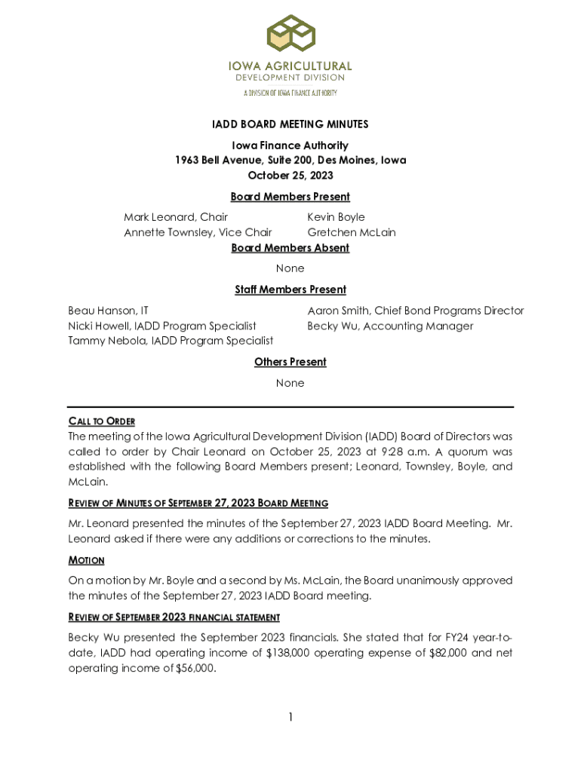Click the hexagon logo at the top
[290, 35]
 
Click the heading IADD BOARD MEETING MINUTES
[290, 124]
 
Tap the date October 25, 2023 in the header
[290, 176]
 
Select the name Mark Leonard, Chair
[176, 217]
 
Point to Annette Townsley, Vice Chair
[198, 232]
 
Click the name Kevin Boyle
[336, 217]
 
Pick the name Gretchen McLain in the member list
[351, 232]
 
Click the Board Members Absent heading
[290, 248]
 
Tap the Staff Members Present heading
[290, 289]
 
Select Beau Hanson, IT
[109, 311]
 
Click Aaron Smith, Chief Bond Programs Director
[415, 311]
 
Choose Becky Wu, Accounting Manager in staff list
[390, 326]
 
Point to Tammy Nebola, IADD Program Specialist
[171, 341]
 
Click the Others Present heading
[290, 362]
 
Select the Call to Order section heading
[102, 421]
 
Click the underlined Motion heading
[86, 560]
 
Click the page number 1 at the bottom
[290, 717]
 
